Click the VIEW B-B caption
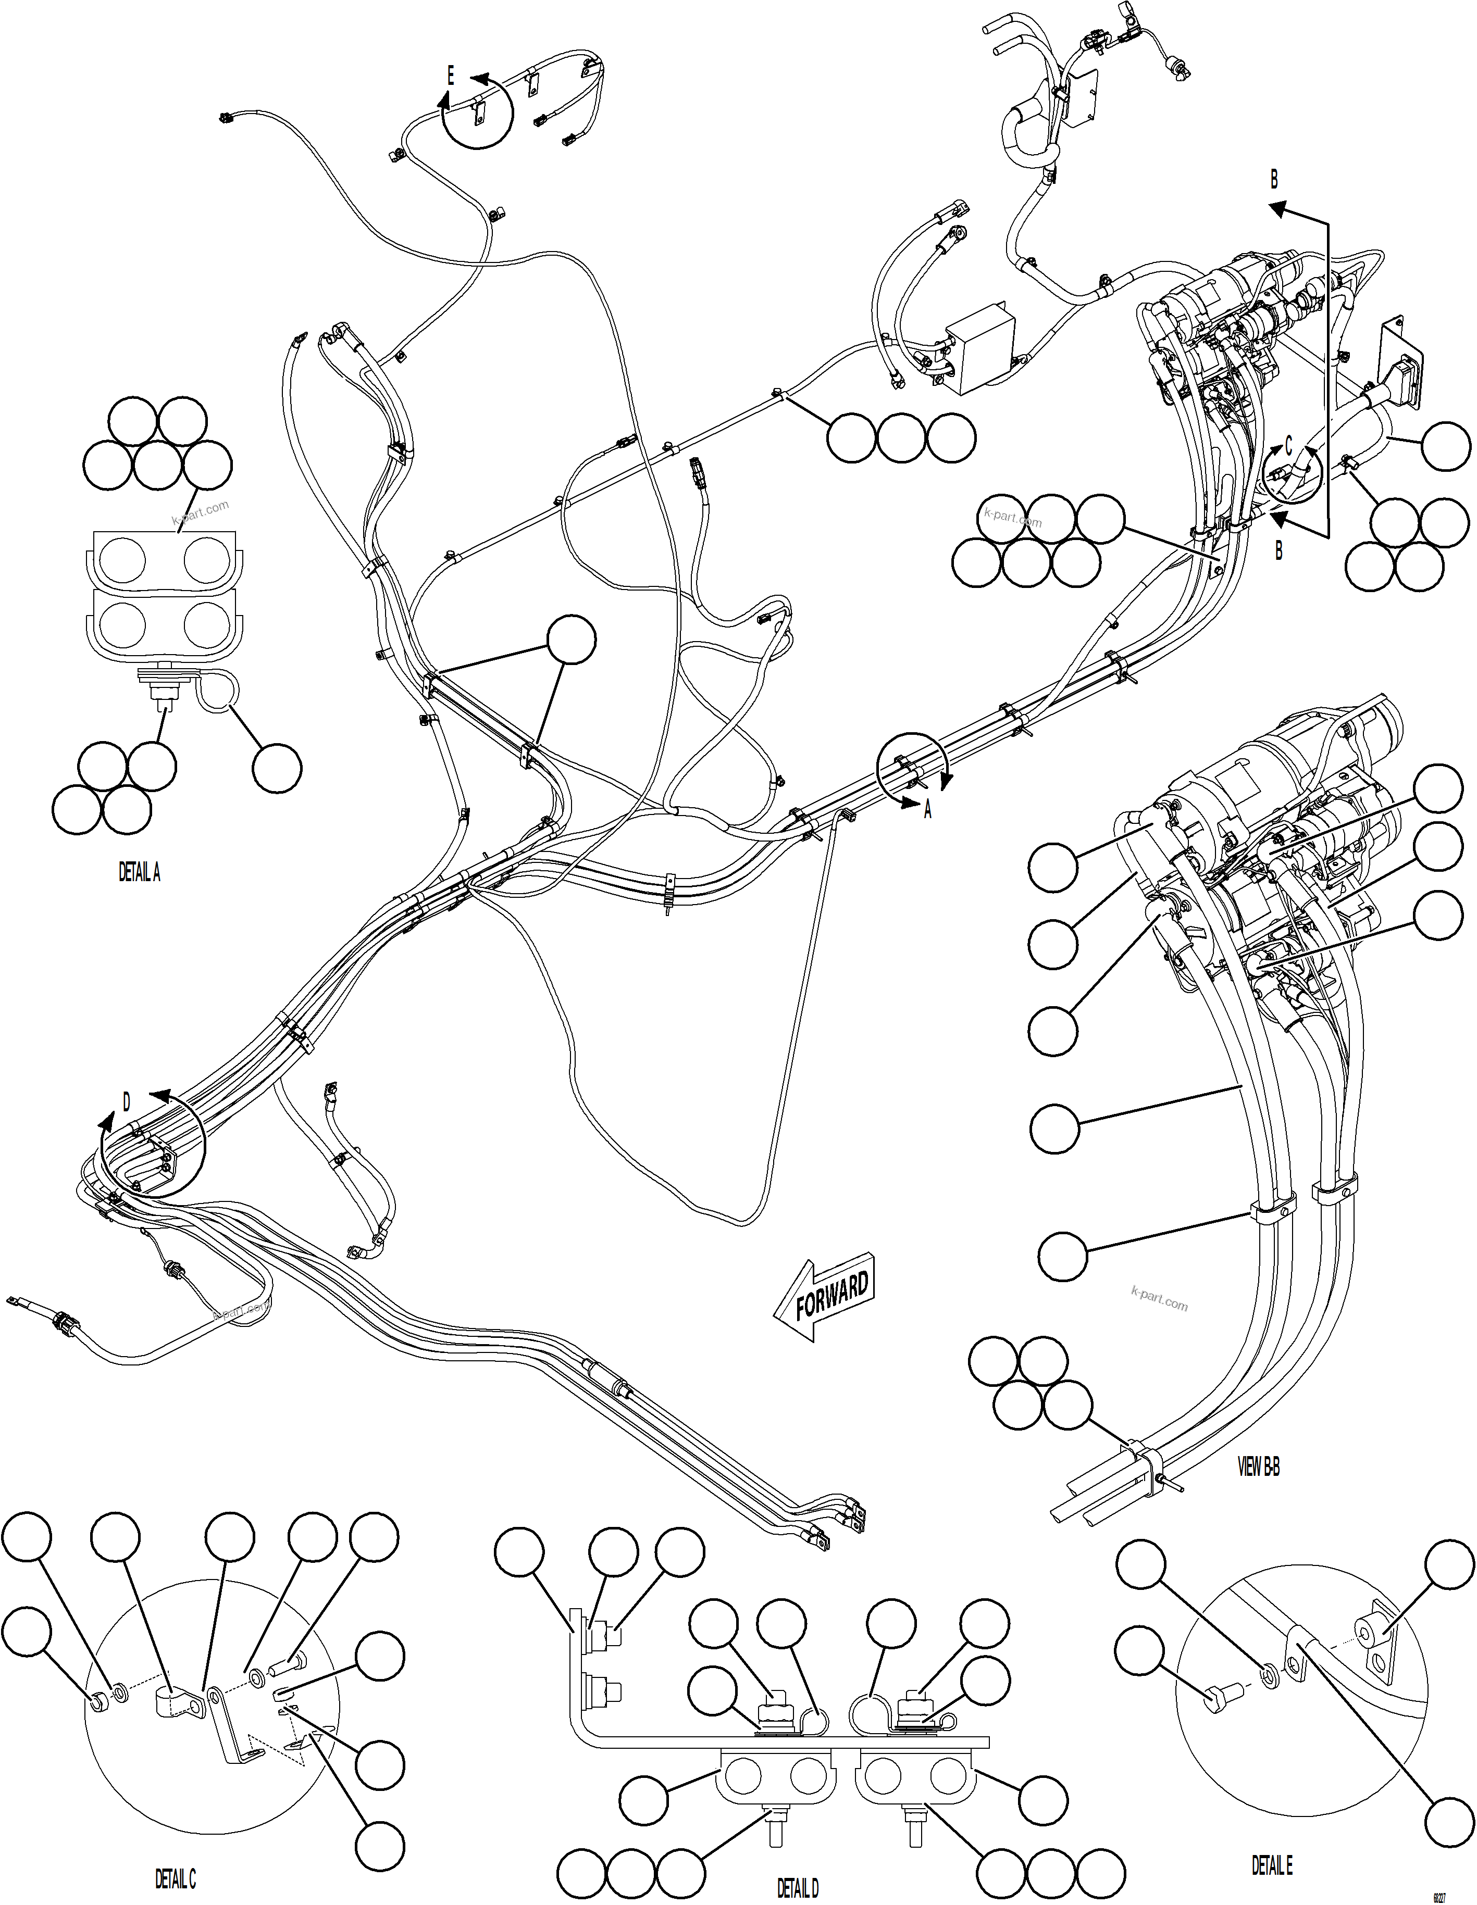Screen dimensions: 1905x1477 (1259, 1467)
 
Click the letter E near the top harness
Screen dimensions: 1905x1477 (450, 77)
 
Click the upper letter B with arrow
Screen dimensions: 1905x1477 (1274, 180)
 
